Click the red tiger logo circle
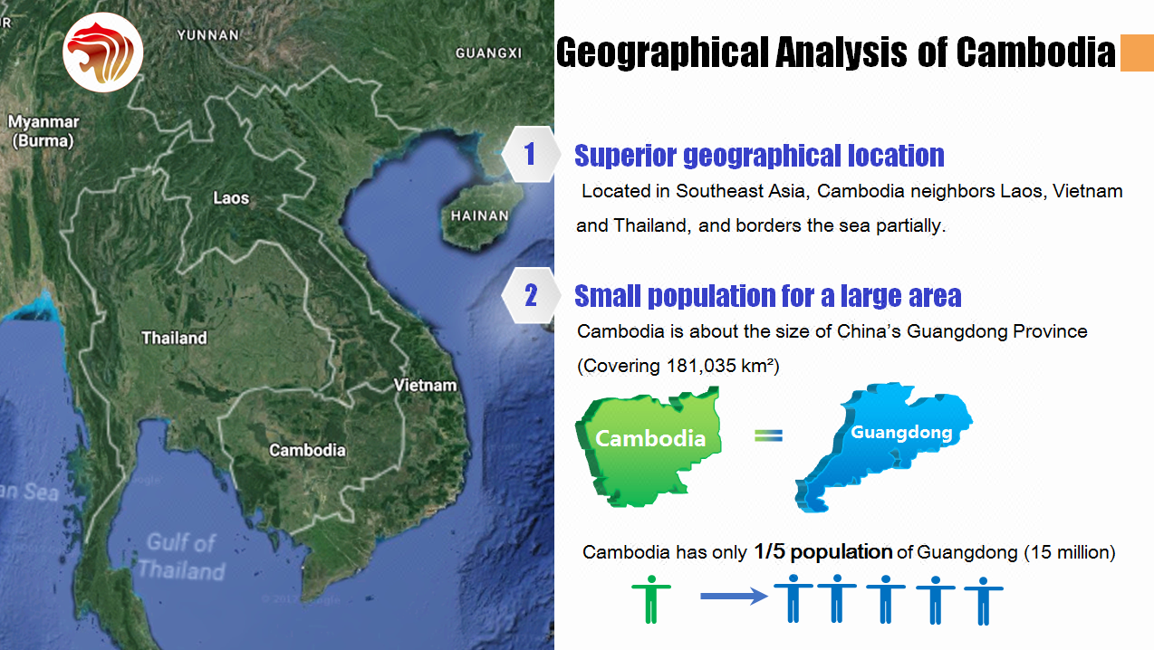pyautogui.click(x=103, y=53)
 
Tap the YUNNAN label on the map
pyautogui.click(x=208, y=35)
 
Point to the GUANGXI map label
pyautogui.click(x=488, y=53)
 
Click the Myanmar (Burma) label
pyautogui.click(x=43, y=131)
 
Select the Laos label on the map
pyautogui.click(x=231, y=197)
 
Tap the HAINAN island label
pyautogui.click(x=480, y=215)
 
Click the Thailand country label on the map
pyautogui.click(x=175, y=338)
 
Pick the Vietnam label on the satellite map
pyautogui.click(x=425, y=385)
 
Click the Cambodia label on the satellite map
pyautogui.click(x=308, y=450)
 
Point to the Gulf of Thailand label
pyautogui.click(x=181, y=557)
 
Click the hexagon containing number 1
pyautogui.click(x=531, y=154)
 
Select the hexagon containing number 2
pyautogui.click(x=531, y=295)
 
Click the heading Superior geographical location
pyautogui.click(x=759, y=156)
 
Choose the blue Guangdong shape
pyautogui.click(x=883, y=446)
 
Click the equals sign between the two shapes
pyautogui.click(x=769, y=435)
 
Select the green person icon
pyautogui.click(x=651, y=599)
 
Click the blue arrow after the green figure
pyautogui.click(x=734, y=596)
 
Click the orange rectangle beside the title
pyautogui.click(x=1137, y=53)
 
